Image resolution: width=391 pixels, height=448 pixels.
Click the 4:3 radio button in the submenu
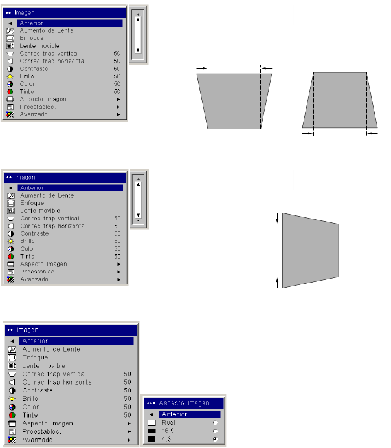[x=214, y=438]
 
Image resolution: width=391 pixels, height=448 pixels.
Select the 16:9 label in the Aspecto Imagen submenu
[x=168, y=431]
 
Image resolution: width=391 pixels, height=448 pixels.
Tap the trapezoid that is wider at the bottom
[x=340, y=100]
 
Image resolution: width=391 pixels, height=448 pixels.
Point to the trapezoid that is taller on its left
[x=307, y=250]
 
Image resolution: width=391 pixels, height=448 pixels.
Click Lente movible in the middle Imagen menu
[x=39, y=211]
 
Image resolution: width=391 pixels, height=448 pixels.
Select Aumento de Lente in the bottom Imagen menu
[x=52, y=349]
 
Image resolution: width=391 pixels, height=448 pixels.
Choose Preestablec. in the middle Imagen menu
[x=38, y=272]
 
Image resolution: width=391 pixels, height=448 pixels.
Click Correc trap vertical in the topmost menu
[x=49, y=54]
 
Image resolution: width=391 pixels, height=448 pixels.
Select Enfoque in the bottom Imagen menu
[x=35, y=357]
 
